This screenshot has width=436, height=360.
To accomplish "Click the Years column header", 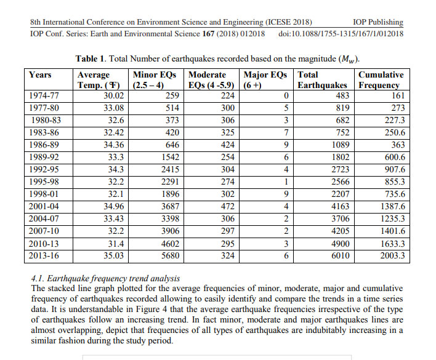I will (40, 74).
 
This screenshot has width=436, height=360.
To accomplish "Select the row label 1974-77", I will (44, 95).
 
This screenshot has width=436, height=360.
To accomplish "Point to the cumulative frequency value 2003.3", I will (392, 255).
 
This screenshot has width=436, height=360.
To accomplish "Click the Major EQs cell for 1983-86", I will (285, 132).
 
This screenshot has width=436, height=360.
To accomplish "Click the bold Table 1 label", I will (94, 58).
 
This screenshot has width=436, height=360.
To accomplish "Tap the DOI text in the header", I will (341, 33).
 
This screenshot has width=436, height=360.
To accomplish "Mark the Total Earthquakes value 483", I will (342, 95).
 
